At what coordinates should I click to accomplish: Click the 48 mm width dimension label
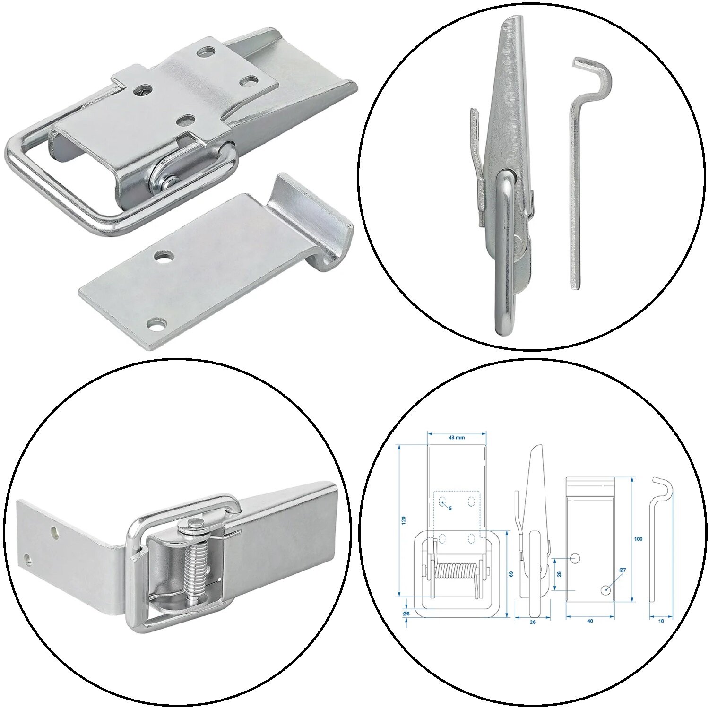coord(457,438)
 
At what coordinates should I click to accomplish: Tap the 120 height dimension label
coord(403,520)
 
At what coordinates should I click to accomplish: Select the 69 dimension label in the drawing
coord(511,574)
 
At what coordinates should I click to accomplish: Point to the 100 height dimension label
coord(639,539)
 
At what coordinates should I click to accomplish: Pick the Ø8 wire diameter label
coord(406,614)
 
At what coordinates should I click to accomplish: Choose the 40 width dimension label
coord(590,621)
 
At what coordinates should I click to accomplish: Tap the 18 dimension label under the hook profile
coord(661,621)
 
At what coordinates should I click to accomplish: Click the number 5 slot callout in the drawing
coord(450,508)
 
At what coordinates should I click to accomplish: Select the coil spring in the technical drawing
coord(457,576)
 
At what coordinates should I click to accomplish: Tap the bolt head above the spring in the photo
coord(195,522)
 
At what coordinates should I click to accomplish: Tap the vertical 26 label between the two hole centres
coord(559,574)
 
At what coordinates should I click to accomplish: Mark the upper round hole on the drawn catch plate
coord(575,558)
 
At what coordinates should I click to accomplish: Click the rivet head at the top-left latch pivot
coord(169,181)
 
